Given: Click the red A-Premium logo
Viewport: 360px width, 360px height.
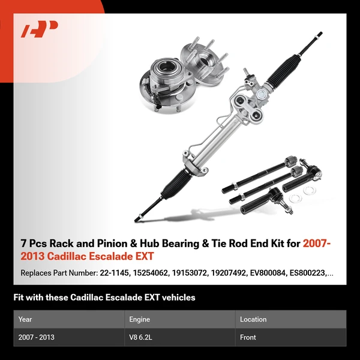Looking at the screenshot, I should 40,29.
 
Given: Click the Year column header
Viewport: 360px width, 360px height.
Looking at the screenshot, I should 25,319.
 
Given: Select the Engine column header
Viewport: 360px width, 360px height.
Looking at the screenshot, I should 139,319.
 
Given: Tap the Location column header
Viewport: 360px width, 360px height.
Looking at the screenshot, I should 253,319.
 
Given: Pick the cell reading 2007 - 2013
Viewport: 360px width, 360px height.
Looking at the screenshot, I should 36,337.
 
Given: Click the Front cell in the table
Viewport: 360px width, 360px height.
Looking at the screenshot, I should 248,337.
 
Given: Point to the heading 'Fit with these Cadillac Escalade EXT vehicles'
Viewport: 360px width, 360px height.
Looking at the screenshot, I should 104,297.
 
